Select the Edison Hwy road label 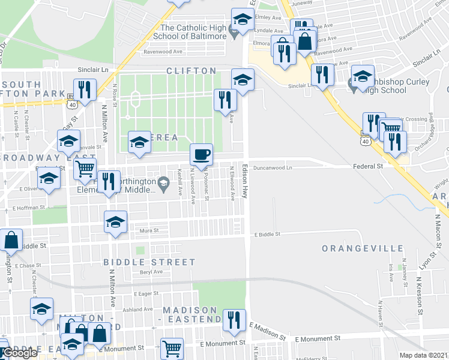(x=244, y=180)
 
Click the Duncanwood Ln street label (x=272, y=168)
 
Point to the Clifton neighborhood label (x=191, y=71)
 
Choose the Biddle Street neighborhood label (x=149, y=262)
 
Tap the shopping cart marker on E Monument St (x=172, y=348)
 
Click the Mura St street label (x=149, y=230)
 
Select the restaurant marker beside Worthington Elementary (x=109, y=181)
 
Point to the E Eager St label (x=145, y=294)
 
